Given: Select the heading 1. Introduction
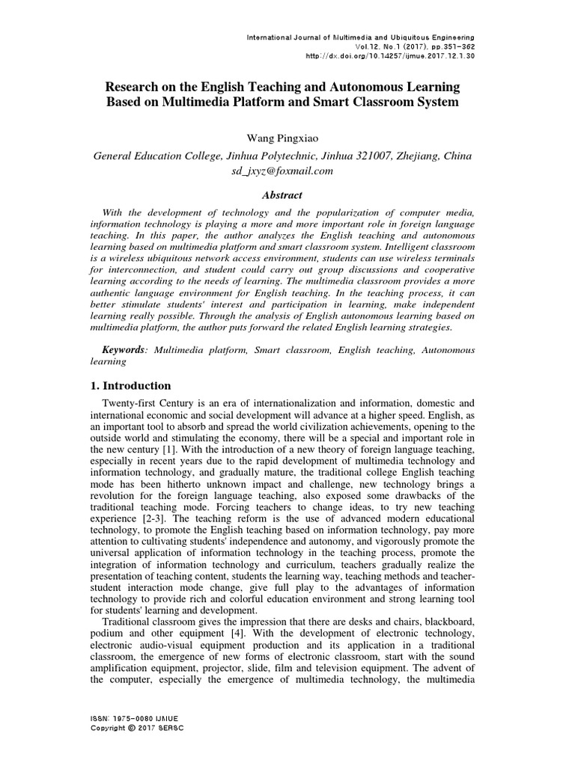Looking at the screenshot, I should coord(131,386).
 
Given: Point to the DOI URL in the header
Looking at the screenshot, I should coord(389,55).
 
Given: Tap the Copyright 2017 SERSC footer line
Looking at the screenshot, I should coord(136,728).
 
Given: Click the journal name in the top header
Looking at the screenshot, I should coord(360,37).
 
